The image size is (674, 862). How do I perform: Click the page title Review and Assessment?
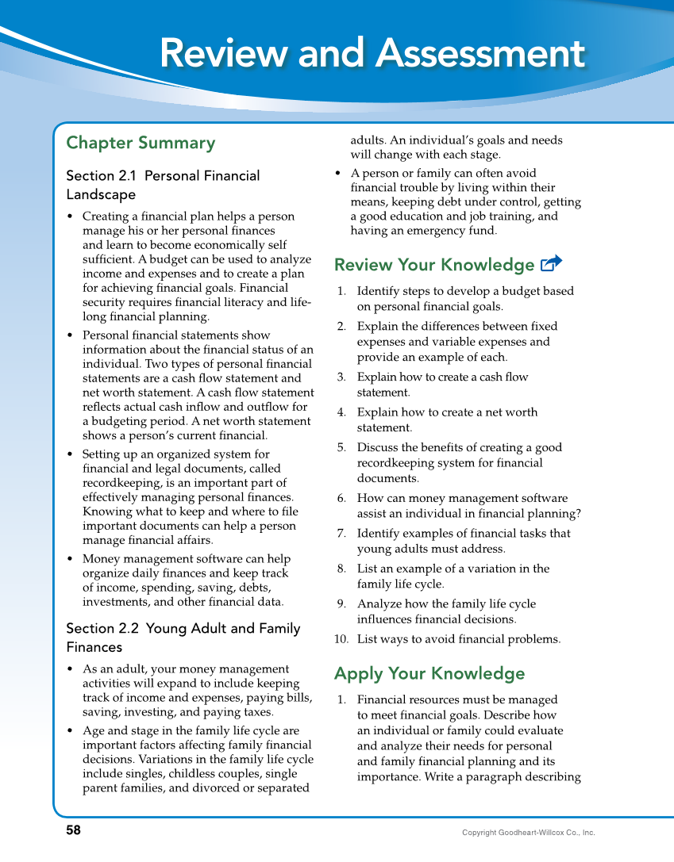(x=372, y=55)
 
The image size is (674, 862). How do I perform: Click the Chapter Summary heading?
(x=141, y=144)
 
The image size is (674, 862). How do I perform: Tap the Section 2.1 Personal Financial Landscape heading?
(x=163, y=185)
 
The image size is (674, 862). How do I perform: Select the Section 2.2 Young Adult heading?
(x=183, y=638)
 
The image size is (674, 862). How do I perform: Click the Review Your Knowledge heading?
(x=434, y=265)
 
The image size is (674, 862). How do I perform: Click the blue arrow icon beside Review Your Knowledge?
(x=550, y=263)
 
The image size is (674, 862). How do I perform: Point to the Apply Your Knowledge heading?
(x=429, y=674)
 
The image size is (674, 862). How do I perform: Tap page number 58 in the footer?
(x=73, y=830)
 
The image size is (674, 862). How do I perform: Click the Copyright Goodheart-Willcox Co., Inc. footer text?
(x=528, y=833)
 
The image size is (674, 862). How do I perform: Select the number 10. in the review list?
(x=341, y=639)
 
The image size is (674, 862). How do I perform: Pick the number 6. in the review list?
(x=341, y=498)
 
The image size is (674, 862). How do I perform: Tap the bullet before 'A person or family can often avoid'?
(x=339, y=173)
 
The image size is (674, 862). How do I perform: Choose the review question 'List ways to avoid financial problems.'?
(x=459, y=639)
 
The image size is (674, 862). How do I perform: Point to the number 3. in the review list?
(x=341, y=377)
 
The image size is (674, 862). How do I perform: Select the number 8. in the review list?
(x=341, y=569)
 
